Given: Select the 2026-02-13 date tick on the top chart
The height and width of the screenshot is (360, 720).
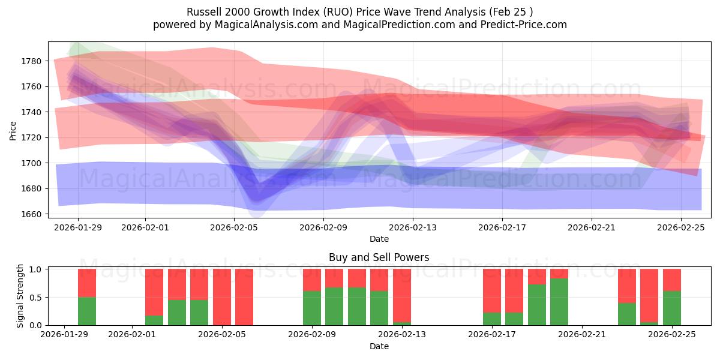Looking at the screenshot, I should point(413,227).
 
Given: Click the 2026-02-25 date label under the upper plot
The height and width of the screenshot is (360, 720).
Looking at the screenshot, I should point(682,227).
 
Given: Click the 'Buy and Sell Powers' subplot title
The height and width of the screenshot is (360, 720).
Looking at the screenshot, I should point(379,257).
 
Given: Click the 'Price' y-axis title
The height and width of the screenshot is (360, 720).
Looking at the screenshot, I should point(14,130).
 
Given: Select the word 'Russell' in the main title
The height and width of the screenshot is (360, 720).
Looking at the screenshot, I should point(205,12).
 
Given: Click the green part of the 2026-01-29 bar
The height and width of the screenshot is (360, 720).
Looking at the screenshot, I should point(87,311).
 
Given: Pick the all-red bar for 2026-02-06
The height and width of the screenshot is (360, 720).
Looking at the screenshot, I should point(244,297).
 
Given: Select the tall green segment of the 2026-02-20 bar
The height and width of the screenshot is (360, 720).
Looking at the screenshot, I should point(559,302).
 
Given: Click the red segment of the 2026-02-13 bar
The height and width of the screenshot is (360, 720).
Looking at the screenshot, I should point(402,294).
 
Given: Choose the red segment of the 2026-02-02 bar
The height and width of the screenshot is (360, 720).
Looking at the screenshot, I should point(154,292).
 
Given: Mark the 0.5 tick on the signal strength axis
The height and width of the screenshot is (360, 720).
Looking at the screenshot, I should point(36,297).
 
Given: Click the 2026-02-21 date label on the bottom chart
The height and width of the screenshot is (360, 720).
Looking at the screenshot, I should point(583,335).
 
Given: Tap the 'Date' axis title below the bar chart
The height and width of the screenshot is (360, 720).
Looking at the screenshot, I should point(379,346).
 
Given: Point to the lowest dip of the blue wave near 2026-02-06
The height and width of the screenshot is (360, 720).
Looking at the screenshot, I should point(256,207).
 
